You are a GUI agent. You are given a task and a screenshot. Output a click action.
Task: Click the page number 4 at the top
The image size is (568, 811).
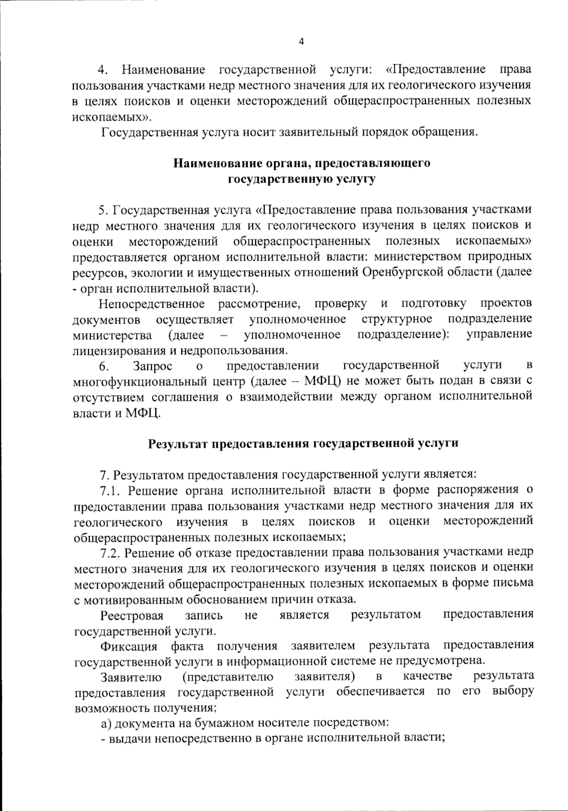pos(302,42)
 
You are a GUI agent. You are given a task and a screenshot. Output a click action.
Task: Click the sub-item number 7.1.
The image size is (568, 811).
pos(111,490)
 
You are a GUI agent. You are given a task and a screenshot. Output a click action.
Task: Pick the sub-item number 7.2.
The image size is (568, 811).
pos(111,552)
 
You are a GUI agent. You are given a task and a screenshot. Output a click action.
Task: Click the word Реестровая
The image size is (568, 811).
pos(132,615)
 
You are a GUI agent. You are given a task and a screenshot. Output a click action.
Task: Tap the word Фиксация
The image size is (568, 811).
pos(129,646)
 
